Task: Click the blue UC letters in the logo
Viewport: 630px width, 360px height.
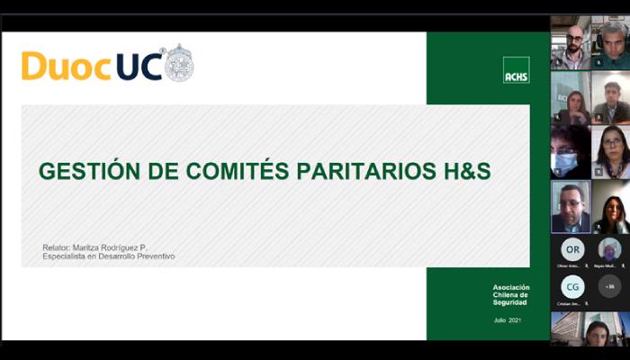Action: [139, 66]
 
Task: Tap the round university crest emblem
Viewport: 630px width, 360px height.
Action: [178, 63]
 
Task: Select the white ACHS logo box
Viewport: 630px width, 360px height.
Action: [516, 70]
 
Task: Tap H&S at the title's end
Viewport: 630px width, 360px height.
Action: [468, 170]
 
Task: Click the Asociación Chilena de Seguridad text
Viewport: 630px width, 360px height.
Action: [511, 295]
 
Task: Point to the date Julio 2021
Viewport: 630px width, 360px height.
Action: [507, 320]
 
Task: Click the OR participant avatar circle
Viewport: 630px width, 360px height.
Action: [572, 249]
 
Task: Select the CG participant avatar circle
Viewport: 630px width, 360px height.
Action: [572, 287]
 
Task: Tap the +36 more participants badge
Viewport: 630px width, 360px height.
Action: [610, 287]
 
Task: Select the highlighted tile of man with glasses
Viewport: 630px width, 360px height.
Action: [571, 207]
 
